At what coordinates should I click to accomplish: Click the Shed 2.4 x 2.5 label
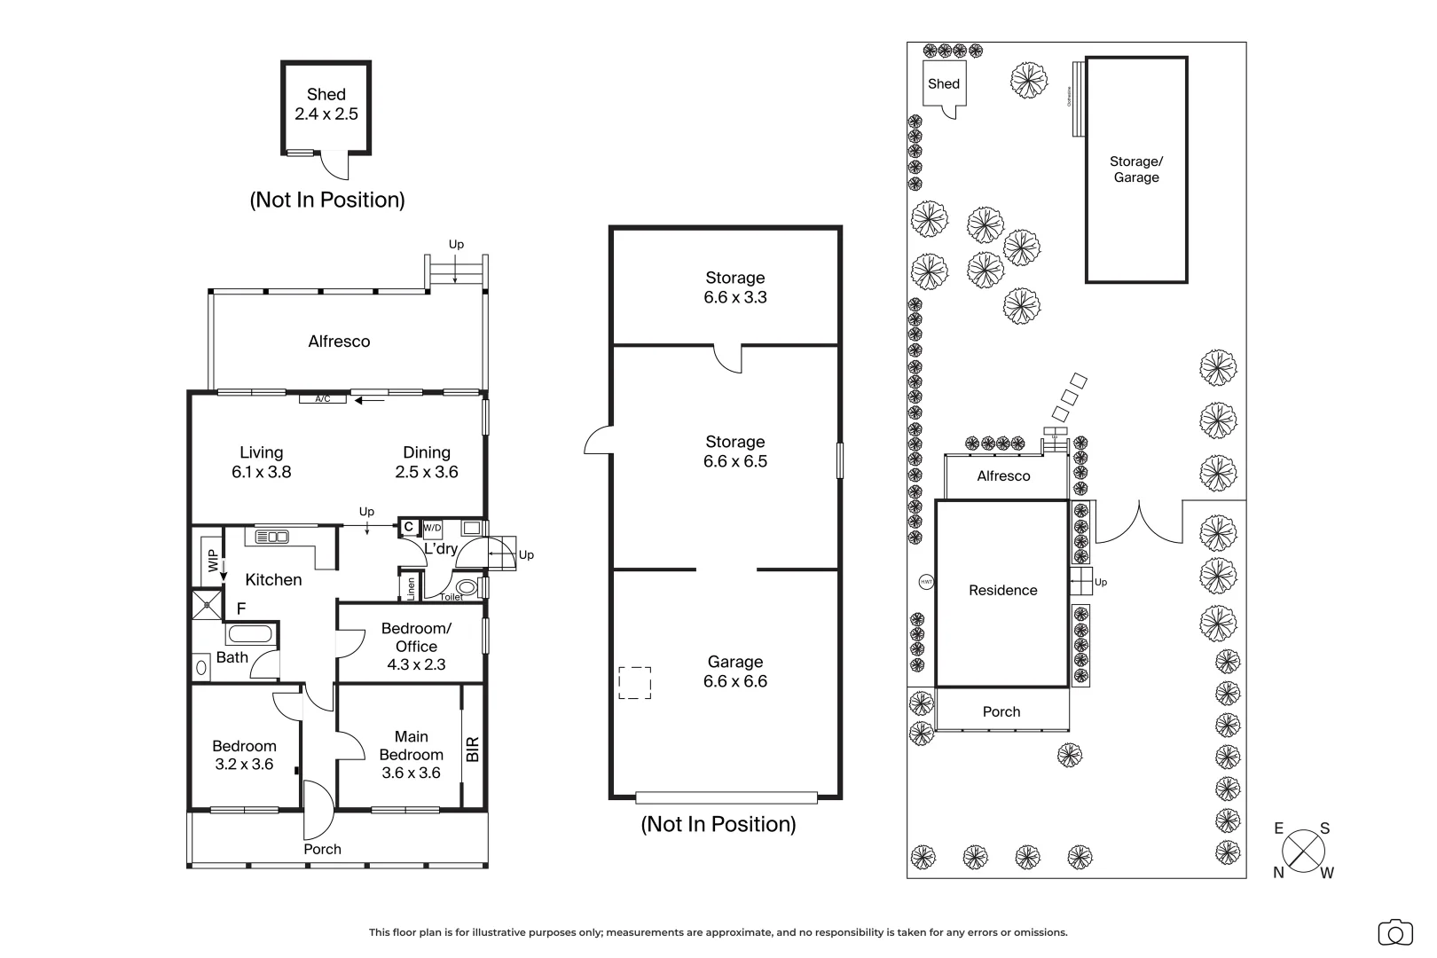[x=326, y=104]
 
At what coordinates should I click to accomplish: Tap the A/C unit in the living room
[x=322, y=399]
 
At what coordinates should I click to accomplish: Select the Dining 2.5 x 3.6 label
[x=427, y=462]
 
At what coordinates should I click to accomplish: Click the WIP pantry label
[x=212, y=561]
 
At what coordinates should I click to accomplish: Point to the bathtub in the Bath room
[x=249, y=634]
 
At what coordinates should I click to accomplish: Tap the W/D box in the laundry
[x=432, y=529]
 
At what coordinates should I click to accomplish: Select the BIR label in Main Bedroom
[x=473, y=749]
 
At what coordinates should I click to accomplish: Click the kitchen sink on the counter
[x=272, y=537]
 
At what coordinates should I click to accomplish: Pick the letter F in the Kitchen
[x=240, y=609]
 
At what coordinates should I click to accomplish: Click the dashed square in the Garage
[x=634, y=683]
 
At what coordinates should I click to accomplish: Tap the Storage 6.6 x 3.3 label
[x=734, y=287]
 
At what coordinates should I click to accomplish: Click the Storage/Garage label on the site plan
[x=1135, y=169]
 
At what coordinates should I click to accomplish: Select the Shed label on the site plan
[x=943, y=84]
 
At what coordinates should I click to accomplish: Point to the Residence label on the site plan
[x=1002, y=591]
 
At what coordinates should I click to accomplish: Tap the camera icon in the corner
[x=1394, y=933]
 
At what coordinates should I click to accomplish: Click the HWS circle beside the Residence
[x=926, y=583]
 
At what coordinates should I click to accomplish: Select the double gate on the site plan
[x=1140, y=523]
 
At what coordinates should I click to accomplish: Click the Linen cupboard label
[x=412, y=587]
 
